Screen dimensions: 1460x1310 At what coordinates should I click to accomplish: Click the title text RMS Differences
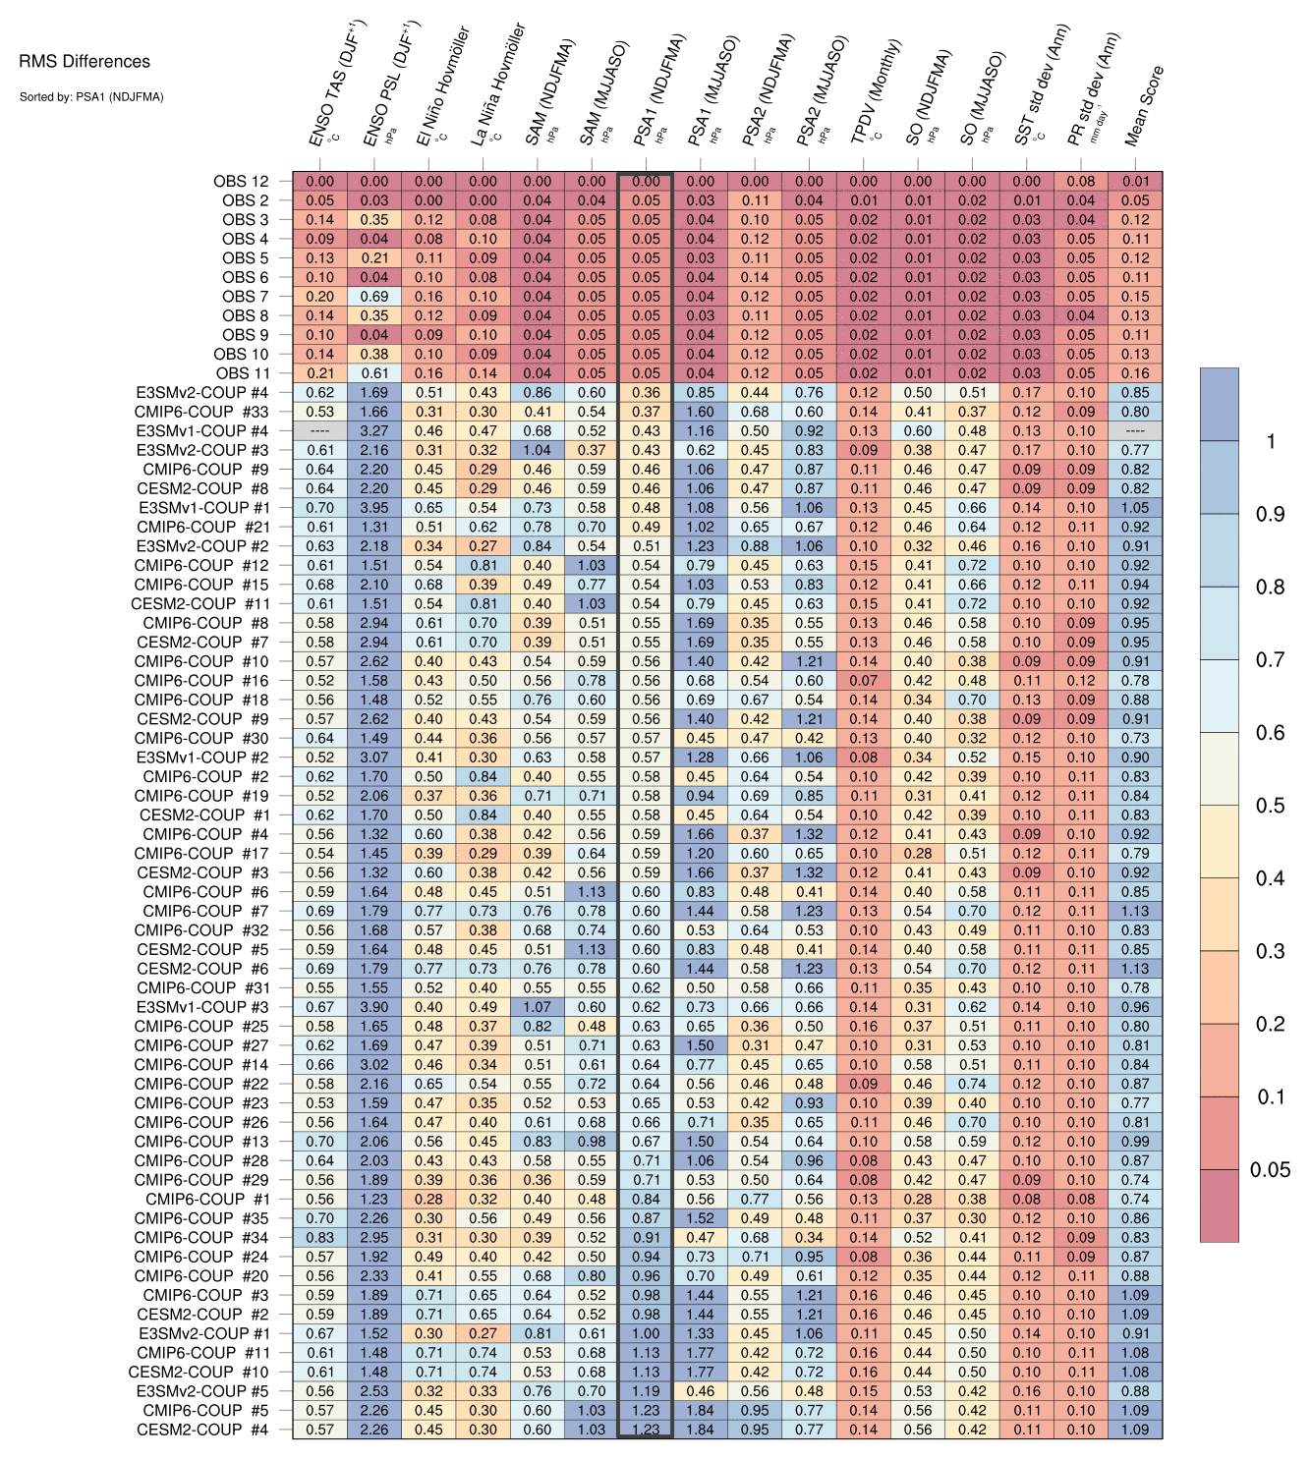tap(85, 62)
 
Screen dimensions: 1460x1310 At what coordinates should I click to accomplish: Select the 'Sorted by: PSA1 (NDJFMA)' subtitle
tap(90, 97)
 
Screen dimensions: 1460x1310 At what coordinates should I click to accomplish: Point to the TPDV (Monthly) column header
tap(876, 93)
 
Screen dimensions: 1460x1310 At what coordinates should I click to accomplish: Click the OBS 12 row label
tap(241, 181)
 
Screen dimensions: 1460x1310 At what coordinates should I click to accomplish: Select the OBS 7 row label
tap(245, 297)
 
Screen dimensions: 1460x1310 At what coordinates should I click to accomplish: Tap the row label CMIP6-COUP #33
tap(201, 412)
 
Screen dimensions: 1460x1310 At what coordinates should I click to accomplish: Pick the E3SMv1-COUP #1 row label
tap(203, 508)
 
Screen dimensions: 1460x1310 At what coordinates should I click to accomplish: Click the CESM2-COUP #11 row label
tap(199, 604)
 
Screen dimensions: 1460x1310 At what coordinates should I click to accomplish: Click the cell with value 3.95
tap(374, 508)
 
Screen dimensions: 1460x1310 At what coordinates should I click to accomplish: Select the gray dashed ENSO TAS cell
tap(319, 431)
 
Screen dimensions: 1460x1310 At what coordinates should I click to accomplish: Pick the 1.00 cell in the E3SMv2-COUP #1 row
tap(646, 1334)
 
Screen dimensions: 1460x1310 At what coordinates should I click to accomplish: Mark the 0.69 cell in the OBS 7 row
tap(374, 297)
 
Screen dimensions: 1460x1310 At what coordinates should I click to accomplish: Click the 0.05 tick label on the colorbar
tap(1270, 1169)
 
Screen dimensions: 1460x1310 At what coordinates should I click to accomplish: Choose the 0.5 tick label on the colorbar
tap(1270, 806)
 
